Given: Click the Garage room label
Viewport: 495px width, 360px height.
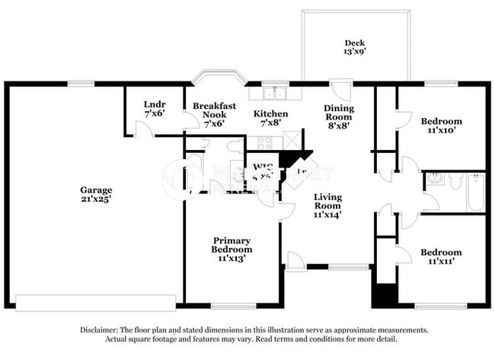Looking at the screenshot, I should [x=97, y=190].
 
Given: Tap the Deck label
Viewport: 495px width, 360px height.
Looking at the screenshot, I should [x=355, y=43].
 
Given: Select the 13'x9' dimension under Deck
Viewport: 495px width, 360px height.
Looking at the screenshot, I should [x=355, y=53].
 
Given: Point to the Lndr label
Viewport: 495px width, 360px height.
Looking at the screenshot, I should [x=155, y=104].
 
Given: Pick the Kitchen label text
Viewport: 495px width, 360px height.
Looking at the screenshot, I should [x=270, y=113].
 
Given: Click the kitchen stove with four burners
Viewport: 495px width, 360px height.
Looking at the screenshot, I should [x=265, y=142].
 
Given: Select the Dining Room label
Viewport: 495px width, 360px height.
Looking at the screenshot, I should [x=339, y=113].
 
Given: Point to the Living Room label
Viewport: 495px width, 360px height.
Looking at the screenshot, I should [x=328, y=201].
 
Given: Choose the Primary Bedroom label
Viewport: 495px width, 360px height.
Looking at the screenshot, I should [x=232, y=244].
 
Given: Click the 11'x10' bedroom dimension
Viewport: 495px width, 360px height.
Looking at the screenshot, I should [x=442, y=131].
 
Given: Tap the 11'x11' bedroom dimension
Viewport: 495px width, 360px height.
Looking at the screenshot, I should [x=442, y=262].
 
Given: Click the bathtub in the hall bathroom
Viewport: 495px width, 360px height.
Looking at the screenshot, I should [x=475, y=192].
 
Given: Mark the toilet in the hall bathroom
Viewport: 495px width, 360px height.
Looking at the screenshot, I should [x=455, y=181].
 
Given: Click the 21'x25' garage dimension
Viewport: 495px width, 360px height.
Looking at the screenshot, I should [x=97, y=199].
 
